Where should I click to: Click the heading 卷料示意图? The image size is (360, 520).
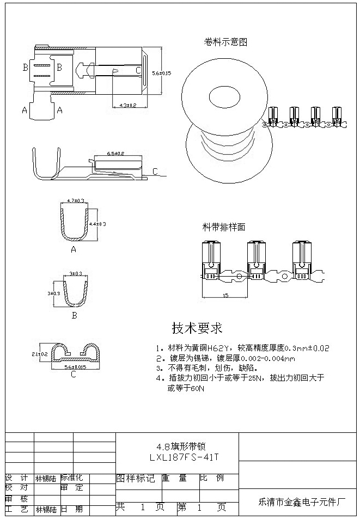[225, 42]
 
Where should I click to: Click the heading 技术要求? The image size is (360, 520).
[197, 328]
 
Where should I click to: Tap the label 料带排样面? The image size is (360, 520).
[224, 226]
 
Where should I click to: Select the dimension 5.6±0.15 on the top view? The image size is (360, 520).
[161, 72]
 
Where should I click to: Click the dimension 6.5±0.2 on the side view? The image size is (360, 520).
[115, 154]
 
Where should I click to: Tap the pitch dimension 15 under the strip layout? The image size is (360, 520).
[224, 296]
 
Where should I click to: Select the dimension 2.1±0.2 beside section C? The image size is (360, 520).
[41, 354]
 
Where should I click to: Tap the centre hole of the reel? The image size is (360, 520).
[225, 99]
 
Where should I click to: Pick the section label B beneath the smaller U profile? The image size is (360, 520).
[75, 315]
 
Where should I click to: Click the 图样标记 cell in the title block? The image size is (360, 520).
[136, 478]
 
